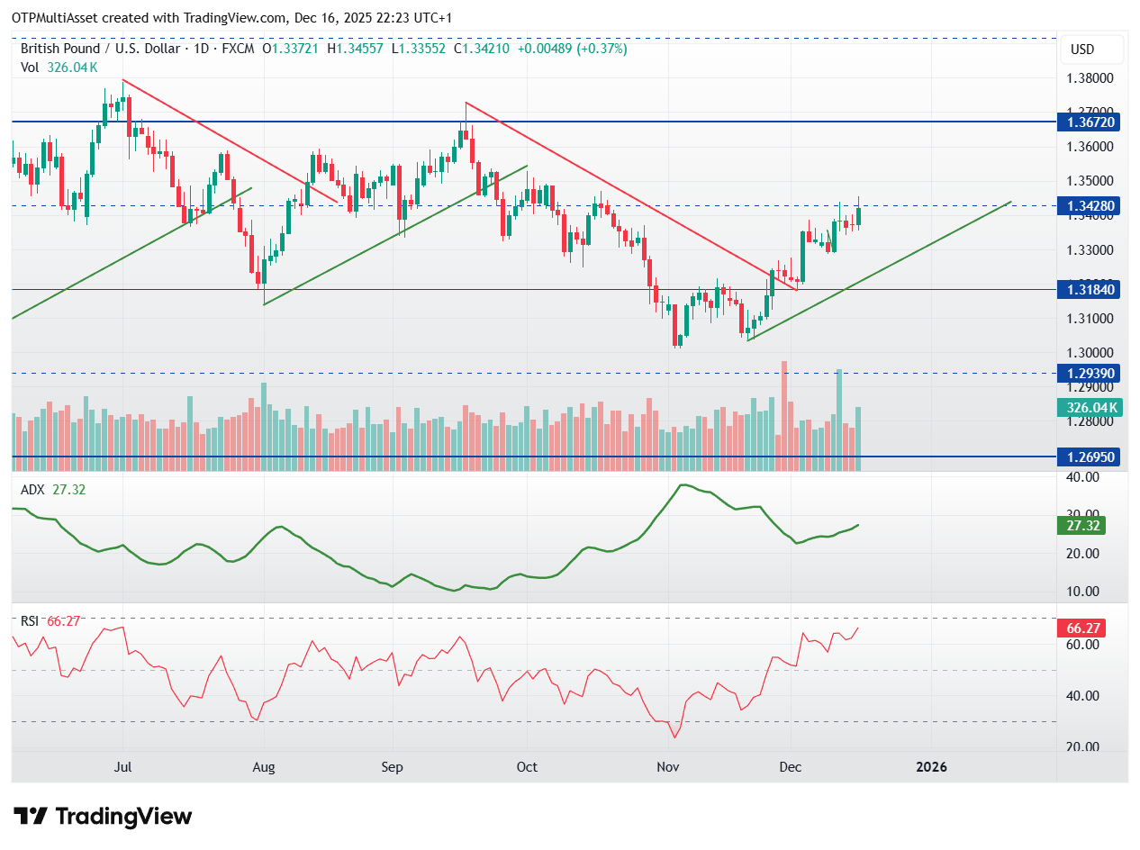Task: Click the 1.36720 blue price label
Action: tap(1091, 121)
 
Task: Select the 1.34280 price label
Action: tap(1091, 206)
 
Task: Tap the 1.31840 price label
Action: tap(1091, 289)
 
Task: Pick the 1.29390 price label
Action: tap(1091, 373)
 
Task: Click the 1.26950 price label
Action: tap(1091, 457)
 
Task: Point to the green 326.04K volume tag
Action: tap(1091, 408)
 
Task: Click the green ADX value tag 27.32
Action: tap(1081, 525)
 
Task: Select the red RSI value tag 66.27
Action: tap(1081, 628)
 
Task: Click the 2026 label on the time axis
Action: tap(931, 767)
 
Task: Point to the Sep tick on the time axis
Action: tap(392, 767)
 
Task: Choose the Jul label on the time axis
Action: tap(123, 767)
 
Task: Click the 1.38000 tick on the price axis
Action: tap(1091, 78)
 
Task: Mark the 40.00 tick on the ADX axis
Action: tap(1084, 477)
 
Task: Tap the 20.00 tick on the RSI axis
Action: tap(1084, 747)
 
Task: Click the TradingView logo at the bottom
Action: tap(104, 817)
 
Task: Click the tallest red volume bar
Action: tap(784, 415)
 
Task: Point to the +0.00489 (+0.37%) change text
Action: tap(574, 49)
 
